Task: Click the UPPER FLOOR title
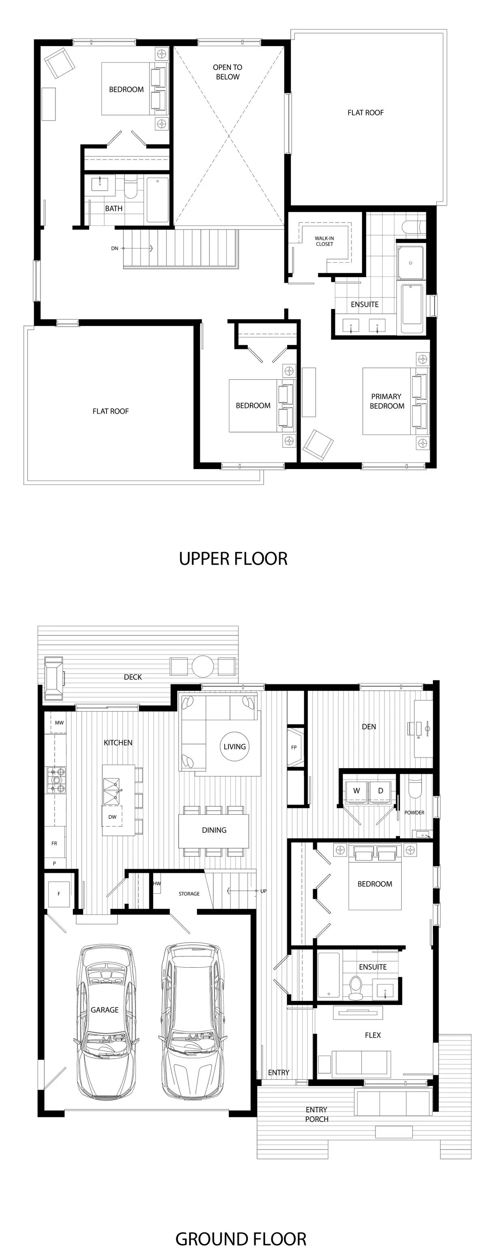(233, 559)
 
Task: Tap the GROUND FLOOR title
(241, 1239)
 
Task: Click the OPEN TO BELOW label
(228, 72)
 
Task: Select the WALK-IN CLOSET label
(324, 241)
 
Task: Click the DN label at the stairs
(115, 248)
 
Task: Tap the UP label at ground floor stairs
(263, 891)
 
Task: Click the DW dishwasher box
(112, 816)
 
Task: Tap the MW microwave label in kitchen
(59, 722)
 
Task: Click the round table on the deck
(203, 666)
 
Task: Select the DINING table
(214, 830)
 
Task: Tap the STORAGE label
(189, 894)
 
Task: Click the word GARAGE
(104, 1009)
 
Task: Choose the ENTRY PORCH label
(317, 1114)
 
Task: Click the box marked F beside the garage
(59, 894)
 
